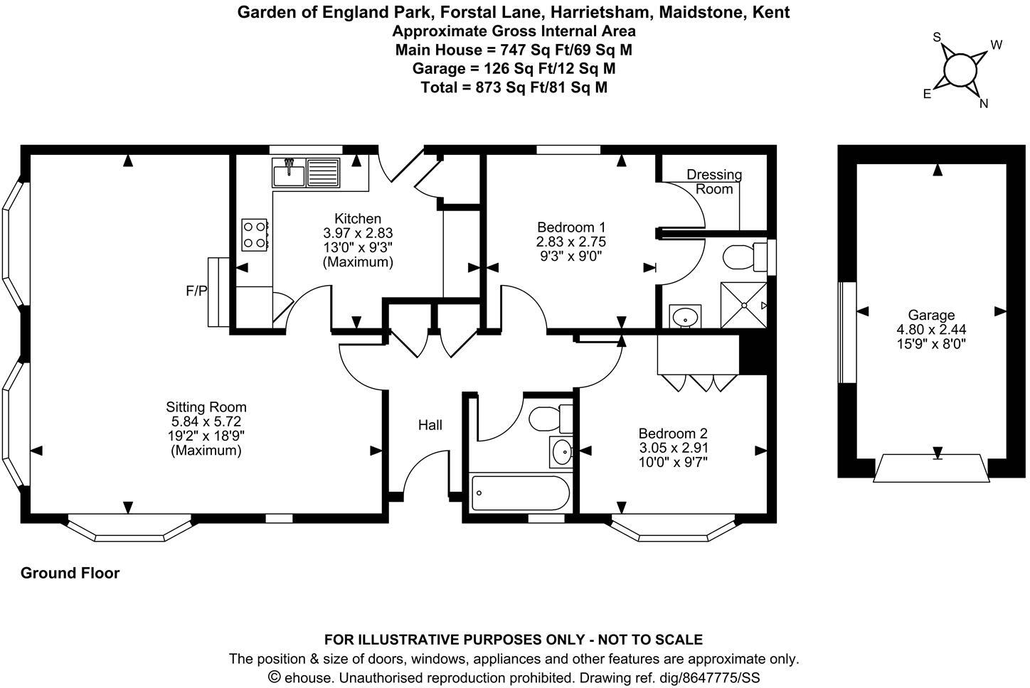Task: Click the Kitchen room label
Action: click(358, 219)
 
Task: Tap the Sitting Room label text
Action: click(206, 407)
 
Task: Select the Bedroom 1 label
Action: click(570, 227)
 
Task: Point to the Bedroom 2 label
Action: click(673, 434)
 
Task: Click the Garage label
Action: click(930, 315)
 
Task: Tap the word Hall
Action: click(430, 425)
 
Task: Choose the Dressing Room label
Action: click(713, 181)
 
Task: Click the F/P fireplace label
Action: click(196, 291)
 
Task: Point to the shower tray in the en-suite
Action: click(744, 305)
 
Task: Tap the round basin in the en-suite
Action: click(685, 317)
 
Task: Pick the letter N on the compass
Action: click(984, 104)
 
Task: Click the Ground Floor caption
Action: click(70, 573)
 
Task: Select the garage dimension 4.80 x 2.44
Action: click(930, 329)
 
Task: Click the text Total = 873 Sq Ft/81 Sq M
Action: click(514, 87)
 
